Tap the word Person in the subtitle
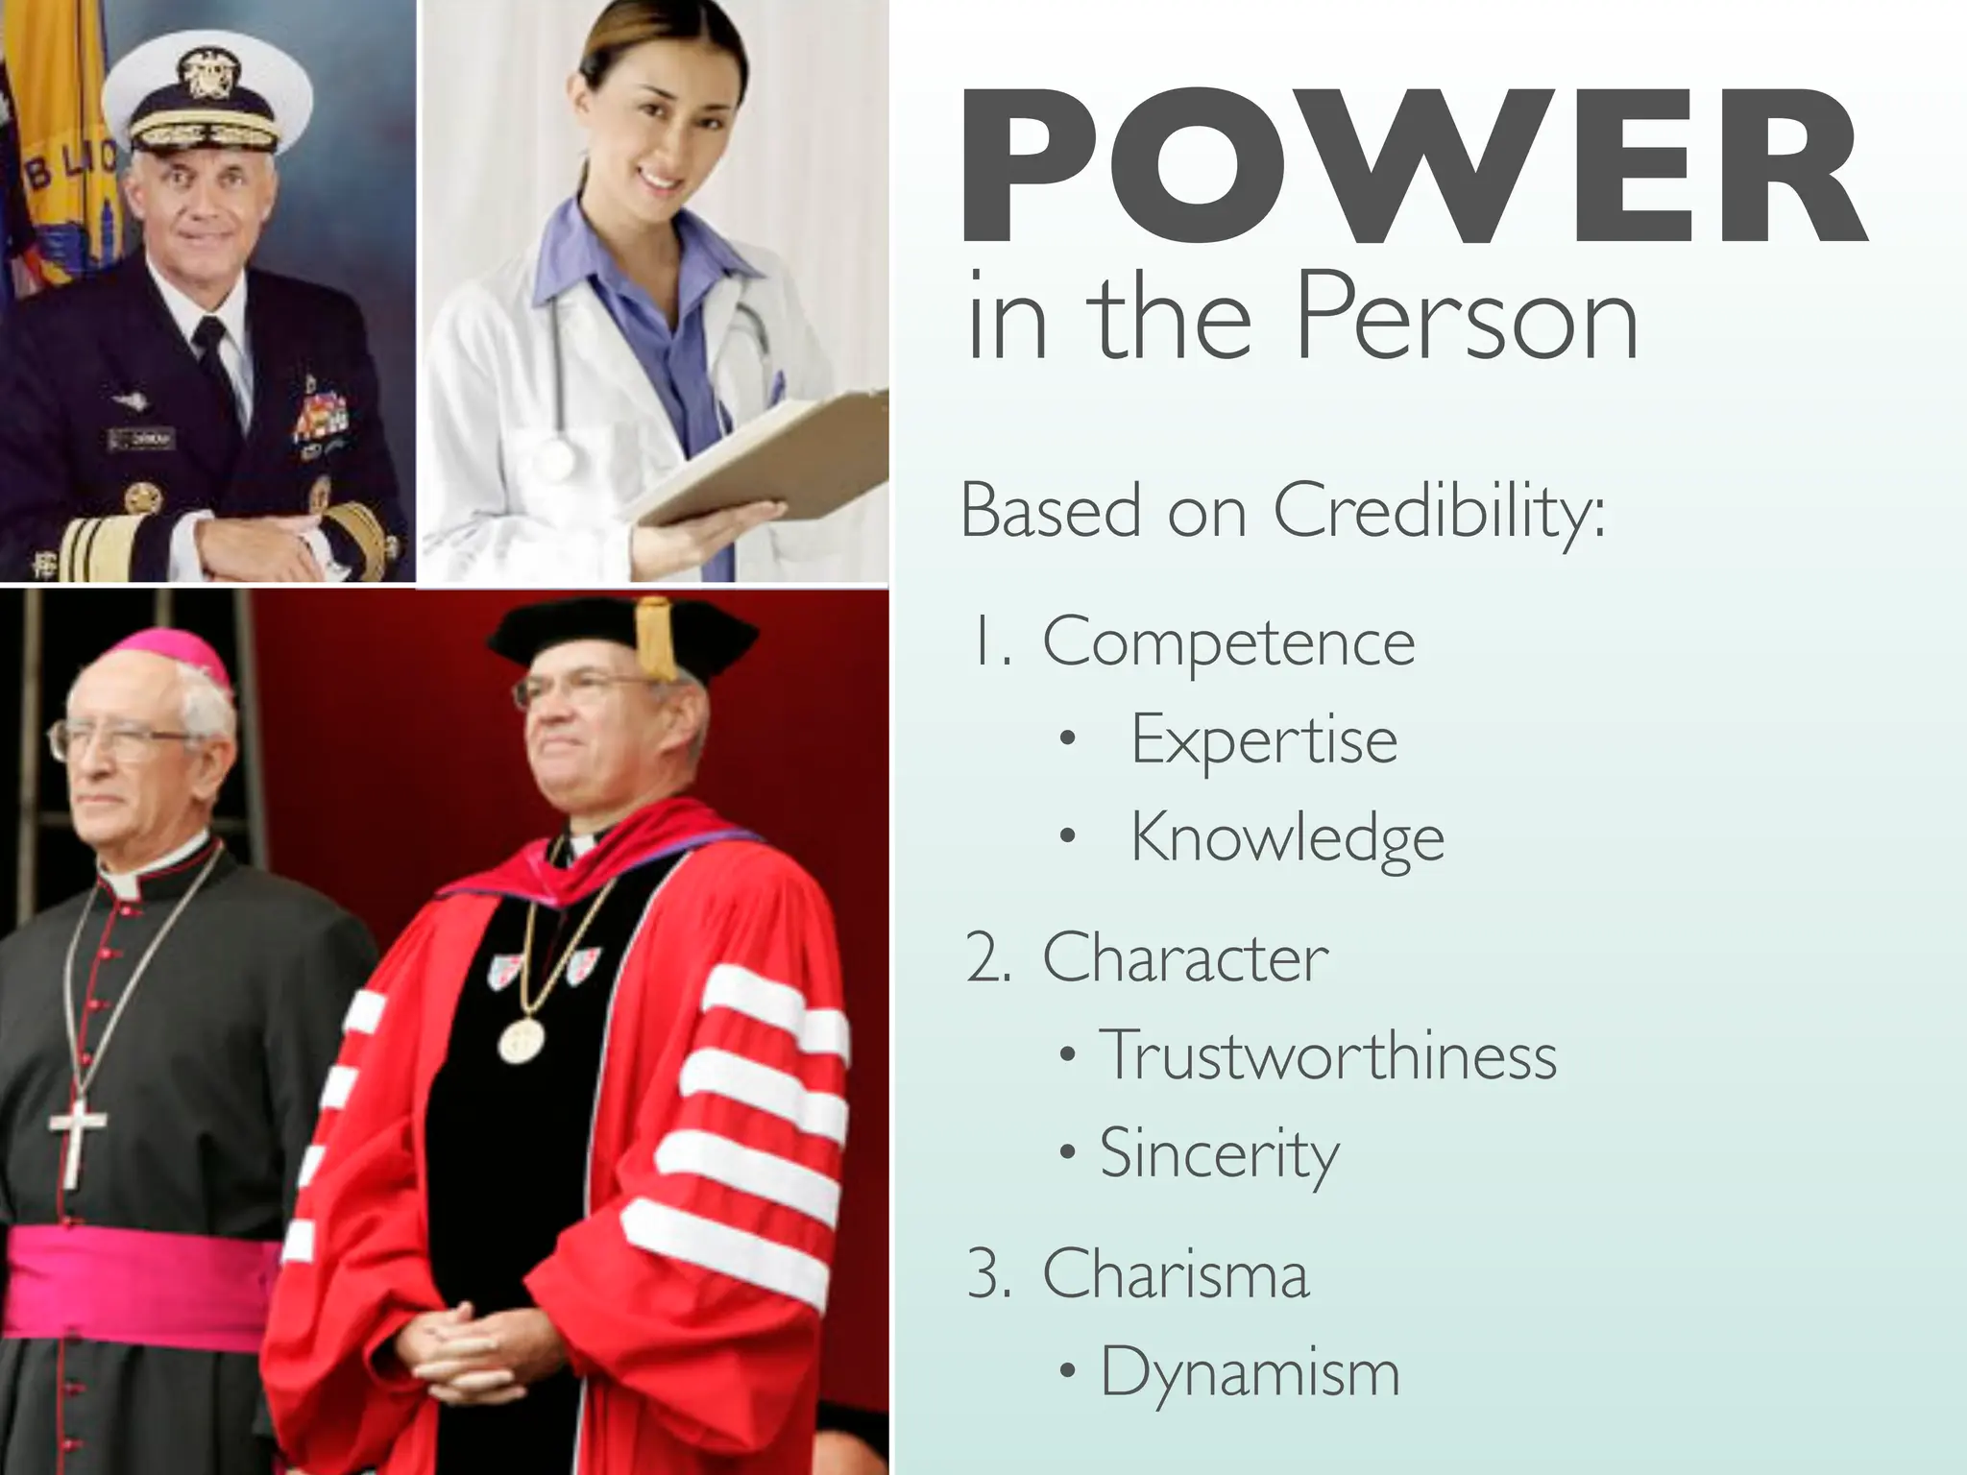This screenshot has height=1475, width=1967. pyautogui.click(x=1467, y=317)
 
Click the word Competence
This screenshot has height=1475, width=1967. pyautogui.click(x=1228, y=642)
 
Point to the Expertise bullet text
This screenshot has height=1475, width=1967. pyautogui.click(x=1264, y=740)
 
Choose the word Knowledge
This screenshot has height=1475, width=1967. pyautogui.click(x=1287, y=838)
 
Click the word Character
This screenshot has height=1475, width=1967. pyautogui.click(x=1185, y=957)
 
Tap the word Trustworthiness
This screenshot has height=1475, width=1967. pyautogui.click(x=1327, y=1055)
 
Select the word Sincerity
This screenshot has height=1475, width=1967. pyautogui.click(x=1219, y=1153)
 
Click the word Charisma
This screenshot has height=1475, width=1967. pyautogui.click(x=1176, y=1274)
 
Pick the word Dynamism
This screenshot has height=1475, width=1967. pyautogui.click(x=1250, y=1372)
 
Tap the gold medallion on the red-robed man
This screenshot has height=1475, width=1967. pyautogui.click(x=522, y=1040)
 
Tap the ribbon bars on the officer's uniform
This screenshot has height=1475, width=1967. pyautogui.click(x=322, y=413)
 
